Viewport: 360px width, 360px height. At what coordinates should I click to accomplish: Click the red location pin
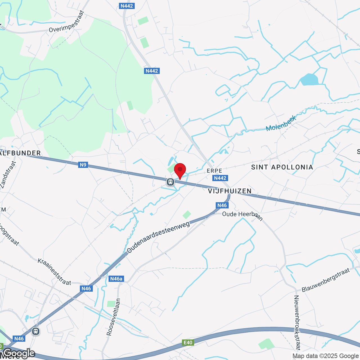click(x=180, y=170)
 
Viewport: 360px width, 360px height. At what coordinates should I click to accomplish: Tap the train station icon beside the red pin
click(x=170, y=182)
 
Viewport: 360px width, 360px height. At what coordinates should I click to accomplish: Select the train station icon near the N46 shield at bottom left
click(x=35, y=331)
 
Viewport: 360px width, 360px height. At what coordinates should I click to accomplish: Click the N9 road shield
click(x=83, y=165)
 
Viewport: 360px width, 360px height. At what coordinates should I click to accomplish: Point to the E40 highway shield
click(x=188, y=343)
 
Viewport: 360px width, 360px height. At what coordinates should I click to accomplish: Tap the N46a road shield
click(x=116, y=279)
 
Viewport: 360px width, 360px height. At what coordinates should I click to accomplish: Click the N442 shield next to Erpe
click(x=220, y=178)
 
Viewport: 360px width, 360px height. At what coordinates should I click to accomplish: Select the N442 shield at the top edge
click(x=127, y=6)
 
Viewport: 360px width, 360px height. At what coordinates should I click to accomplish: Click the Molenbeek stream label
click(x=281, y=123)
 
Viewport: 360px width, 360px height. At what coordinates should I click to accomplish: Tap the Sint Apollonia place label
click(x=282, y=167)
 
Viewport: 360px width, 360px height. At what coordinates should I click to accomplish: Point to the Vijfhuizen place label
click(x=230, y=191)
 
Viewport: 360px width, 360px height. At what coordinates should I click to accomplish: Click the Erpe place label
click(x=214, y=171)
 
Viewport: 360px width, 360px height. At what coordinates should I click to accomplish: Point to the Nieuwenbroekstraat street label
click(x=297, y=322)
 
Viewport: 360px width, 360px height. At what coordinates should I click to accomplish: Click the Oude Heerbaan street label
click(x=242, y=215)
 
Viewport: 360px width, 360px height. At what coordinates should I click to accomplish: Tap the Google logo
click(x=19, y=354)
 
